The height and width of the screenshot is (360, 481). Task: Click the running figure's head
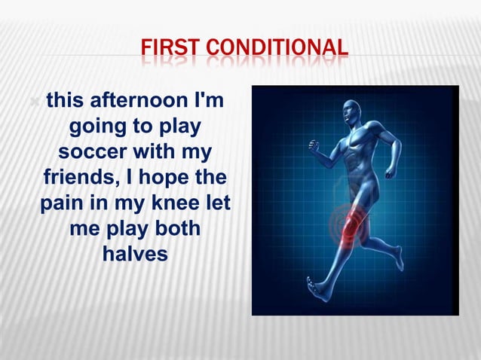(351, 112)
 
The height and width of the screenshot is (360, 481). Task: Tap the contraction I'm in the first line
(215, 101)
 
